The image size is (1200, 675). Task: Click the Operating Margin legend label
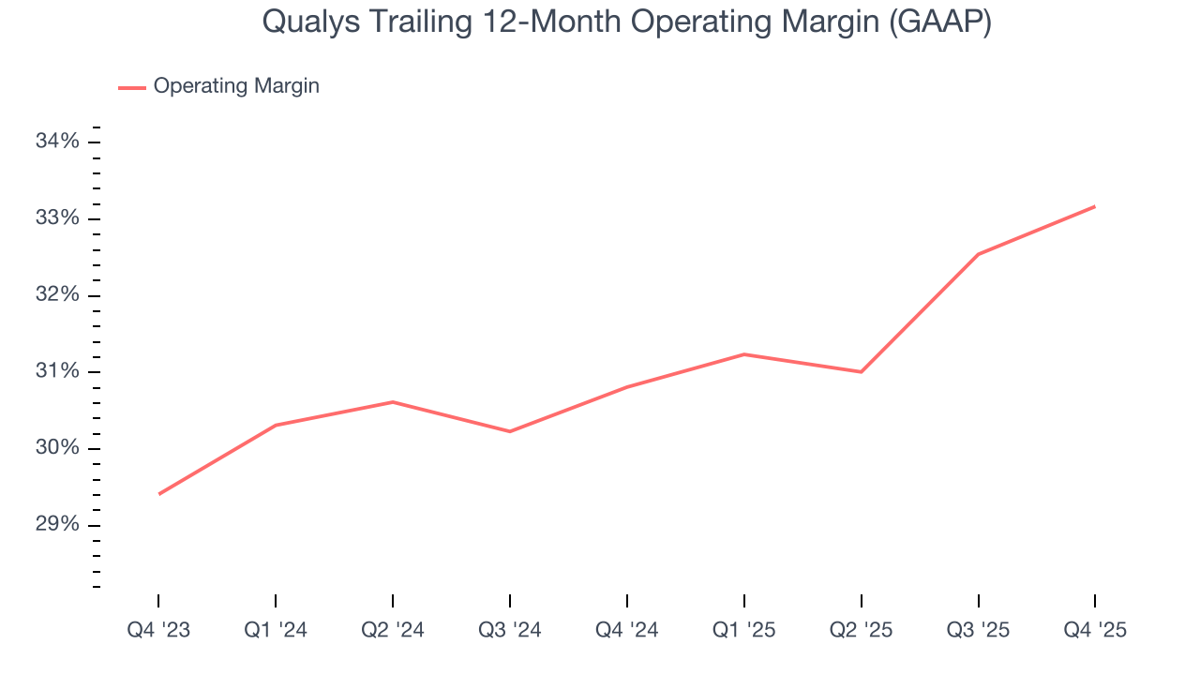(236, 86)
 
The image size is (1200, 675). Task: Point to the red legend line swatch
(131, 87)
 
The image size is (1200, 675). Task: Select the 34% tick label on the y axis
(57, 142)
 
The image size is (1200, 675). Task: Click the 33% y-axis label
(57, 218)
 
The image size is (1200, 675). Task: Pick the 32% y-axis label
(57, 295)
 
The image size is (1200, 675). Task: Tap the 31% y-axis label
(57, 371)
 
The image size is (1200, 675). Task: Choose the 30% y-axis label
(57, 448)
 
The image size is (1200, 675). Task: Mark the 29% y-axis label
(57, 525)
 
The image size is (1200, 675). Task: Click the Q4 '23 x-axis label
(158, 630)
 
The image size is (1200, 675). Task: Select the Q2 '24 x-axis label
(392, 630)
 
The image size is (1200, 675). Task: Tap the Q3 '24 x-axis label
(509, 630)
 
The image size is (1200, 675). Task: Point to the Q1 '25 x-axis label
(743, 630)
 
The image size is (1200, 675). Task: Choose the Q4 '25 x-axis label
(1095, 630)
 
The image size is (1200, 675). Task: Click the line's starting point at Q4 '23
(158, 494)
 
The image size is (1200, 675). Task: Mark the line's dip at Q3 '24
(509, 431)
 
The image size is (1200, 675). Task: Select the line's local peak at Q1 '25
(743, 354)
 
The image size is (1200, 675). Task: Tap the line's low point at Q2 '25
(861, 372)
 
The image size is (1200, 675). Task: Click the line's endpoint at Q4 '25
(1095, 206)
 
